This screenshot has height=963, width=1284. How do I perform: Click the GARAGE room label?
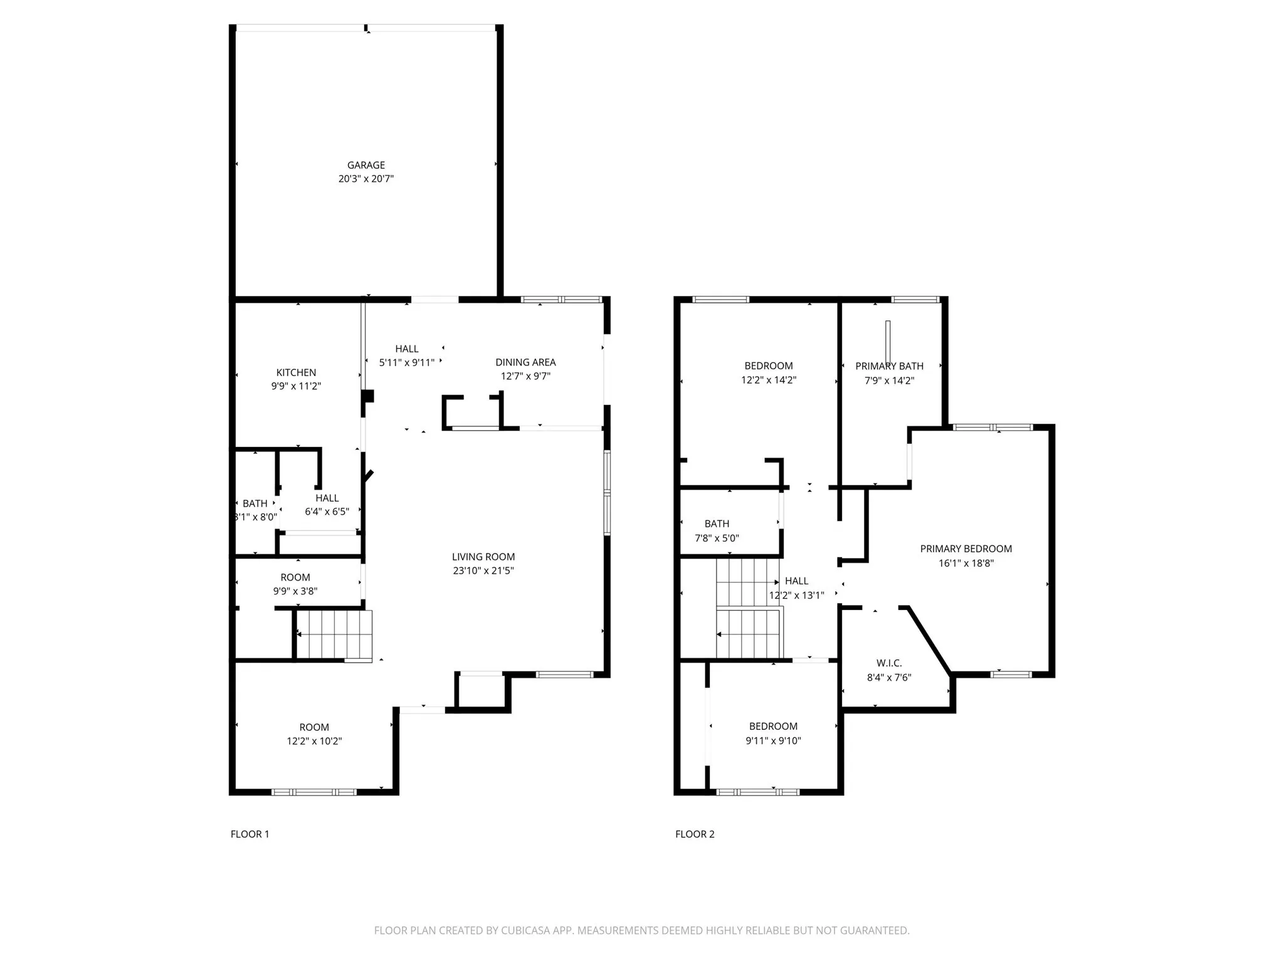366,165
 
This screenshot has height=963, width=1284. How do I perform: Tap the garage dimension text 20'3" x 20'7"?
366,179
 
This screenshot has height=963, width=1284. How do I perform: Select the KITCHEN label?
296,372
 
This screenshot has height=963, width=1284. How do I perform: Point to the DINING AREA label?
525,362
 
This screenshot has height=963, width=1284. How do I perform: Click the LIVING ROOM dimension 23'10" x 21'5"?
483,571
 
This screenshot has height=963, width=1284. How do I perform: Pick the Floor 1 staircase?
334,634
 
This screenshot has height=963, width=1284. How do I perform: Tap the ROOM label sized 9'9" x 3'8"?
295,577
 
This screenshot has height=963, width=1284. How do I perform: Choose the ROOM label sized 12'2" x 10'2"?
314,727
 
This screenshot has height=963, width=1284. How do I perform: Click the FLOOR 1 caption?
250,834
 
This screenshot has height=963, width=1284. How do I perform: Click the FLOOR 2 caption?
695,834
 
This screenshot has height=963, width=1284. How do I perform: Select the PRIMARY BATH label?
889,366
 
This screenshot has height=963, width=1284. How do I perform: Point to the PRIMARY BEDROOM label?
966,549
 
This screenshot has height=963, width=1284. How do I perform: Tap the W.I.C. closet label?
889,663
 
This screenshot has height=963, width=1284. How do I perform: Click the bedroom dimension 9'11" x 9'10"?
773,740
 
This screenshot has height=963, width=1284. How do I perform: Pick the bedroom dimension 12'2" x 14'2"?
769,380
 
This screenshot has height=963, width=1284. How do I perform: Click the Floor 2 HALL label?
796,581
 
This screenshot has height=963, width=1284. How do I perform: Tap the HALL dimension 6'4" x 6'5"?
327,512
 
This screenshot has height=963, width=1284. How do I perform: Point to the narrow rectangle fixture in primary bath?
888,342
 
